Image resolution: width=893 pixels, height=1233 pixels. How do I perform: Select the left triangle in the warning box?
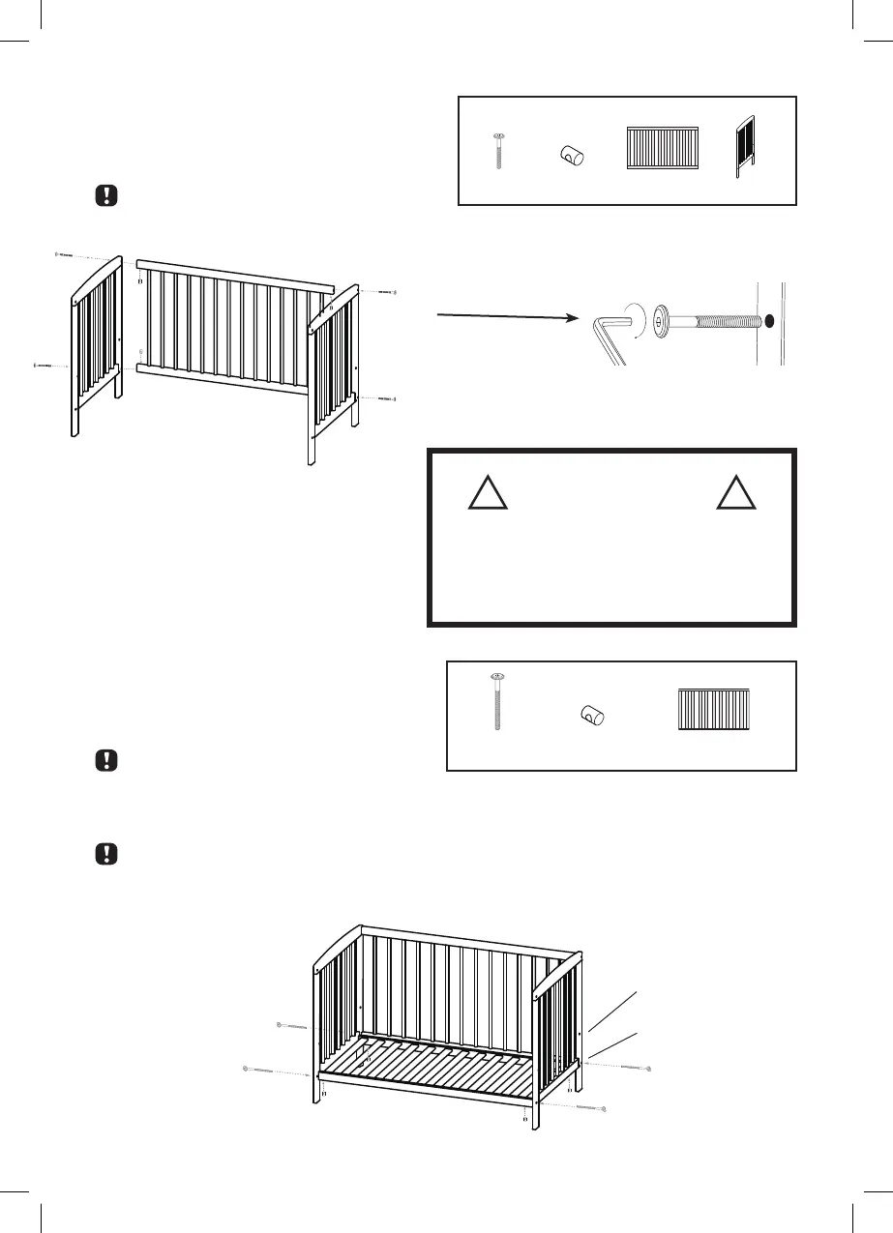pyautogui.click(x=489, y=493)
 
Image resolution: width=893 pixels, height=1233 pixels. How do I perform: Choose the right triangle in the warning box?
pyautogui.click(x=736, y=493)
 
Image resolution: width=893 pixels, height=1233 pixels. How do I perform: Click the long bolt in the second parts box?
pyautogui.click(x=497, y=701)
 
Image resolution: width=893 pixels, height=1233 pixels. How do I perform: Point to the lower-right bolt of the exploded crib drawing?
pyautogui.click(x=383, y=398)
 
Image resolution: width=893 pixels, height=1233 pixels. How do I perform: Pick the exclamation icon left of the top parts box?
pyautogui.click(x=106, y=194)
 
